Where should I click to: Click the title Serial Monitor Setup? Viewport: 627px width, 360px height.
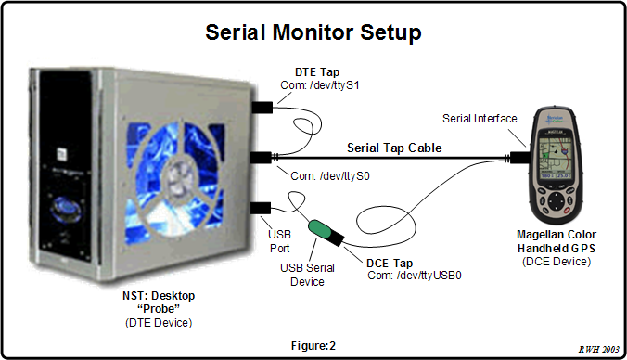click(313, 32)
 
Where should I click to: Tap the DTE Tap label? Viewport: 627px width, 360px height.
click(313, 71)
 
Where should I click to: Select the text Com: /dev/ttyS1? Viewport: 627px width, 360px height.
click(320, 84)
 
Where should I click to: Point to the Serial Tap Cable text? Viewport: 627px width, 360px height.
click(393, 147)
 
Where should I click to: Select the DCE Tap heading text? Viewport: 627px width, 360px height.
click(382, 262)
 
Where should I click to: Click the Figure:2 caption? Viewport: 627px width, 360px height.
click(313, 345)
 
